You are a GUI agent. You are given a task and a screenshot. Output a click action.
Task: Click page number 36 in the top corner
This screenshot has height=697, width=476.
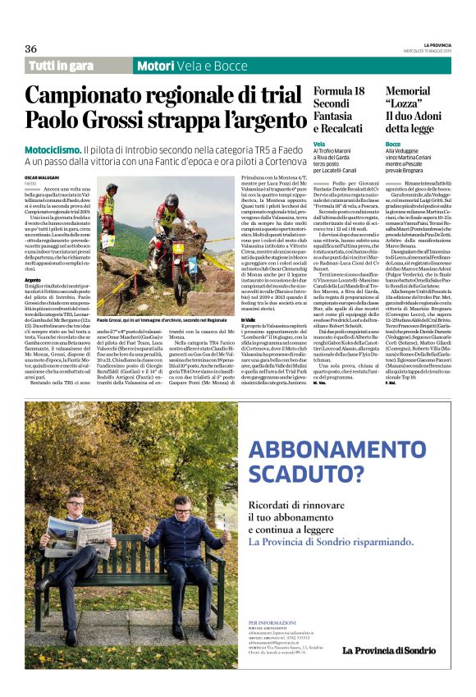pos(31,48)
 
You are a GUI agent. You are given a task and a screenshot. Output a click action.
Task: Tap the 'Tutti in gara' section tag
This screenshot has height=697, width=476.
pos(61,66)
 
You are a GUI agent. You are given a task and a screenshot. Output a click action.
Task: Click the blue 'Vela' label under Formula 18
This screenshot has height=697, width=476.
pos(318,144)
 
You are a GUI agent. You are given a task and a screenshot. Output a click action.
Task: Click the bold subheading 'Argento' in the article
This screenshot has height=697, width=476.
pos(34,279)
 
